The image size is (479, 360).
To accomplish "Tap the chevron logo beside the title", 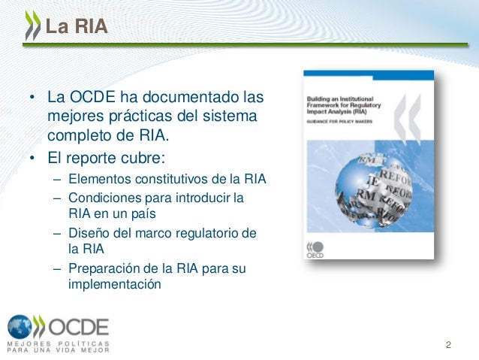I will (32, 28).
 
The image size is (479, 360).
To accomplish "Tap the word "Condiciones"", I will (103, 198).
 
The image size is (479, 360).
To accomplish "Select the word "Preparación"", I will (104, 269).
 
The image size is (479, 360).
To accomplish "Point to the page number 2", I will (448, 346).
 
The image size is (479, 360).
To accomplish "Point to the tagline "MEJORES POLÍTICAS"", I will (59, 343).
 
